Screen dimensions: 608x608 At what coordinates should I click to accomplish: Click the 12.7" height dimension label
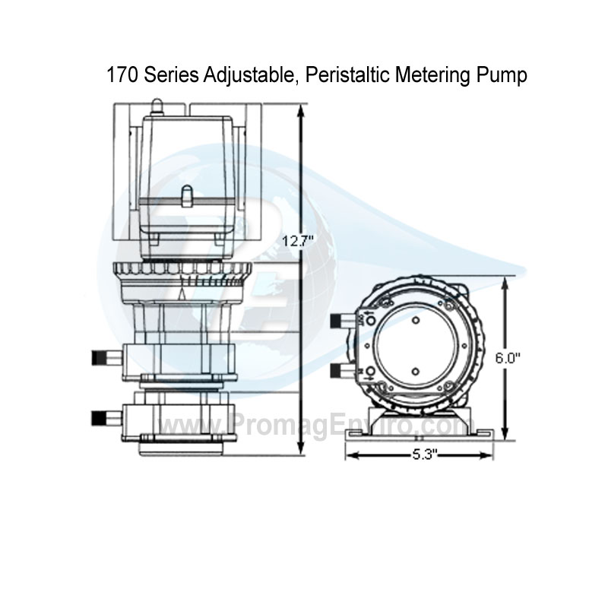299,242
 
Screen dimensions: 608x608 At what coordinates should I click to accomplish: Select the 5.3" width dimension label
420,454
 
